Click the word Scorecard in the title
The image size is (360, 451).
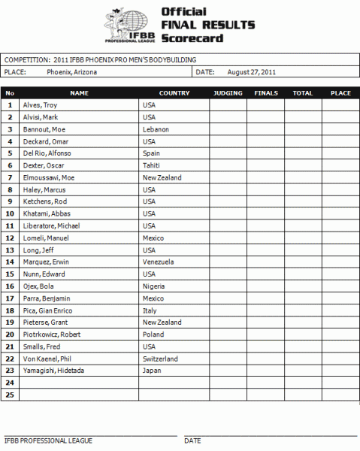[191, 38]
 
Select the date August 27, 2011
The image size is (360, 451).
[252, 73]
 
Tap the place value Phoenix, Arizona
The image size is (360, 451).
[73, 73]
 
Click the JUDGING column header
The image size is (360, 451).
[228, 93]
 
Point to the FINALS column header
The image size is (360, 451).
[266, 93]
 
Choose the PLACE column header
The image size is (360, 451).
[340, 93]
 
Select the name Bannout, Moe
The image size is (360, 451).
[41, 129]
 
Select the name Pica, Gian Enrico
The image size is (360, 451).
[45, 310]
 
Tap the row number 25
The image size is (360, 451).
[10, 395]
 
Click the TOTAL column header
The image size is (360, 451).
[303, 93]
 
